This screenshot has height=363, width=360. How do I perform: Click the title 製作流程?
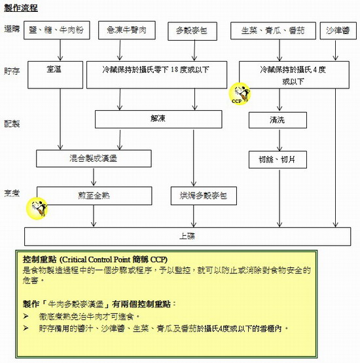[20, 7]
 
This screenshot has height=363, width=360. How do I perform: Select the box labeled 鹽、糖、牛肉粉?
[61, 31]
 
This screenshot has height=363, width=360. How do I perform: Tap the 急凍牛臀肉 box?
[128, 31]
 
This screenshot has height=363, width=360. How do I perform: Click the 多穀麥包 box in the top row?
[192, 31]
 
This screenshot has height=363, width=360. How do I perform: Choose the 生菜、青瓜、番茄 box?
[272, 31]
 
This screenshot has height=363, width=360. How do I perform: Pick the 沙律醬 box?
[337, 31]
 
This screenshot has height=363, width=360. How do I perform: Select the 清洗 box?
[278, 121]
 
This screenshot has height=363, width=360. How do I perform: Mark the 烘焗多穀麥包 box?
[198, 195]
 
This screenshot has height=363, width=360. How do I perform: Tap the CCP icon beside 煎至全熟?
[37, 208]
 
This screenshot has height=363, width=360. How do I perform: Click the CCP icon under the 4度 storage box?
[239, 94]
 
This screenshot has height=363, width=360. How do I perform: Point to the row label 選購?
[12, 30]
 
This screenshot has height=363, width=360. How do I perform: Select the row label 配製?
[12, 124]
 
